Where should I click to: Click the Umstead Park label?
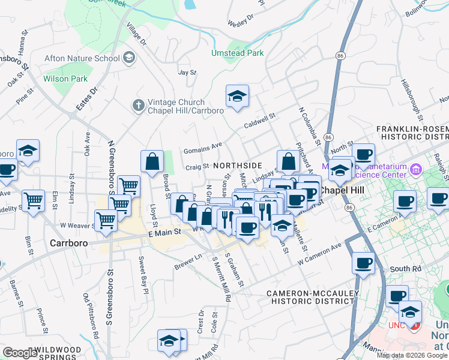pos(237,53)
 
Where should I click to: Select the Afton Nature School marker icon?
pos(129,58)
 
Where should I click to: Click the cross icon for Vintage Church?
pos(138,106)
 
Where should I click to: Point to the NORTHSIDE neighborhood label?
pos(238,165)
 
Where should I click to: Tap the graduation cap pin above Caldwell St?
pos(237,96)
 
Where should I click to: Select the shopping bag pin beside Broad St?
pos(152,161)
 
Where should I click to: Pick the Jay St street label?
pos(187,72)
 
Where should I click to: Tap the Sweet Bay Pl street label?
pos(143,275)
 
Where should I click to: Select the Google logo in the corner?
pos(20,353)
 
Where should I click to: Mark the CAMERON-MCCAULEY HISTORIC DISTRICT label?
pos(312,297)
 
